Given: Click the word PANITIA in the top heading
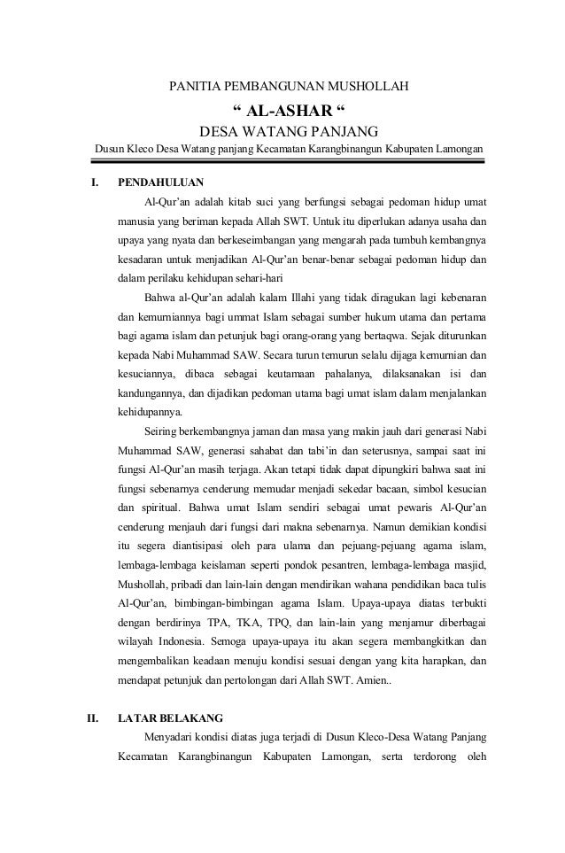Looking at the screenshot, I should [x=194, y=88].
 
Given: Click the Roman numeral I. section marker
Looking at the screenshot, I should [x=89, y=183].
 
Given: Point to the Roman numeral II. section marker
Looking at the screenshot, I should [x=90, y=717].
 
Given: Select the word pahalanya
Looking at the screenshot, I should [x=344, y=374].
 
